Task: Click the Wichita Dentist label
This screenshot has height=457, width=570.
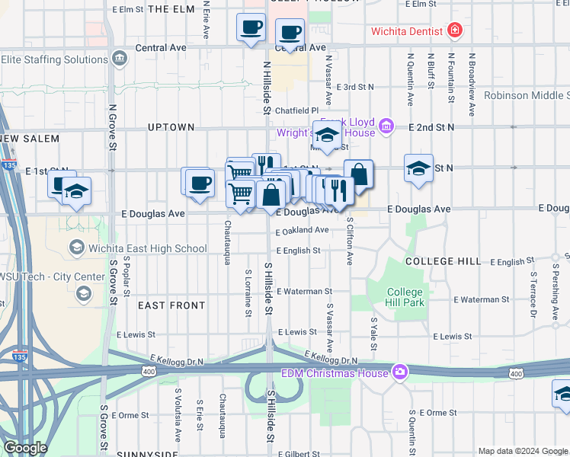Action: (x=406, y=31)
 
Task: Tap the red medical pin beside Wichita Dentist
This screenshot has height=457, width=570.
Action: (x=455, y=31)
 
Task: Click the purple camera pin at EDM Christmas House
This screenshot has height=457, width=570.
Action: (x=400, y=372)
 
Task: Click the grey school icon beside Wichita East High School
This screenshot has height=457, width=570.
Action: (x=77, y=248)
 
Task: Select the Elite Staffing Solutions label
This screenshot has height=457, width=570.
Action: (x=53, y=59)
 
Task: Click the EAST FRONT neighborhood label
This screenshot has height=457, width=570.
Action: (x=171, y=305)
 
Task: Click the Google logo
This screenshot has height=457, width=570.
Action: (x=25, y=448)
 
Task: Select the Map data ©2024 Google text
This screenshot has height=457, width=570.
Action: (x=522, y=451)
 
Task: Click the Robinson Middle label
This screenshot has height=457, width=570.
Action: (x=527, y=95)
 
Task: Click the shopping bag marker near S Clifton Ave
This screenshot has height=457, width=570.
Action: (x=358, y=174)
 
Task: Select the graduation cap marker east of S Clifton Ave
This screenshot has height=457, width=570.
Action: (x=418, y=169)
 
